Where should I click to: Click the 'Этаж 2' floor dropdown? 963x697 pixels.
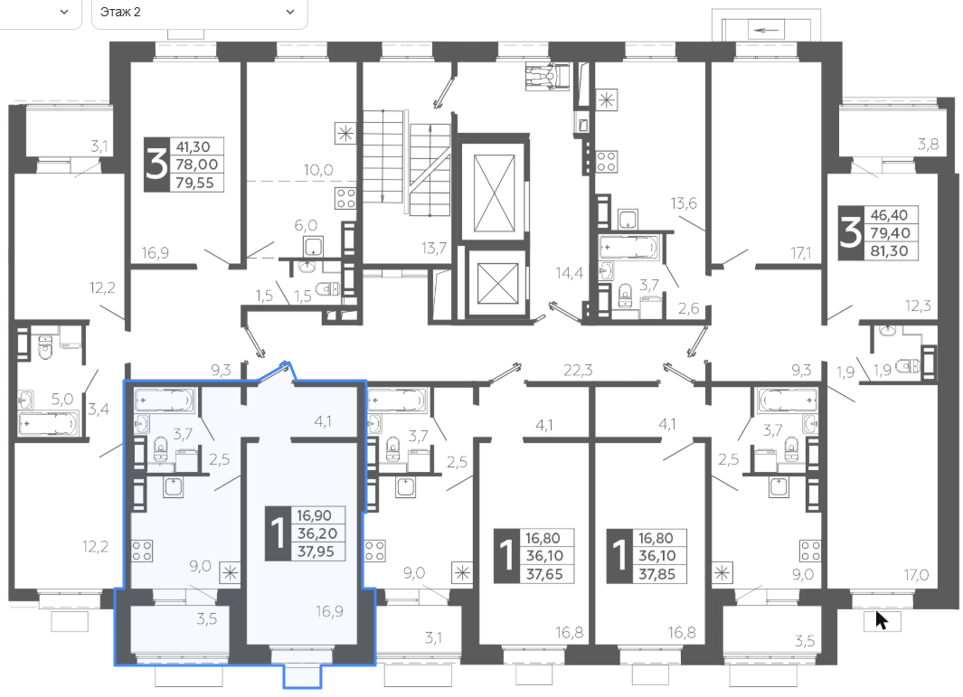[x=199, y=13]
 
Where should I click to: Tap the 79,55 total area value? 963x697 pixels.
[x=194, y=183]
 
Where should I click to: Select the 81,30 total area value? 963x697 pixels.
[x=889, y=250]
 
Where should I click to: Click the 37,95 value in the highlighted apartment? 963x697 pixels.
[x=316, y=551]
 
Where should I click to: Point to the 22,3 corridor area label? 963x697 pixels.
[x=578, y=370]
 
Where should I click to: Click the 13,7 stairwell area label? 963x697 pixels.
[x=434, y=248]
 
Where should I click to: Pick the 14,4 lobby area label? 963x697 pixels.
[x=570, y=273]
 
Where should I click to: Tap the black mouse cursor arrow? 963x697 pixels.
[x=882, y=620]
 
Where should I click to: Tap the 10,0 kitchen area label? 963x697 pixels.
[x=318, y=170]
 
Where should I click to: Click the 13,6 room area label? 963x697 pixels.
[x=684, y=203]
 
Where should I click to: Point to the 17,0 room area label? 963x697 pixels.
[x=916, y=575]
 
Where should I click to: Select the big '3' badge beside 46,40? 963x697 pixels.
[x=851, y=232]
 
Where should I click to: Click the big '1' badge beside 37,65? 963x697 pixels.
[x=506, y=556]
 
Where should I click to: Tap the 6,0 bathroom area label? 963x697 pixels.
[x=306, y=225]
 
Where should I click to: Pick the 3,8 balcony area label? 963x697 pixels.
[x=928, y=145]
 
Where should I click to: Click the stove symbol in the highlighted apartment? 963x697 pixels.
[x=142, y=551]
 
